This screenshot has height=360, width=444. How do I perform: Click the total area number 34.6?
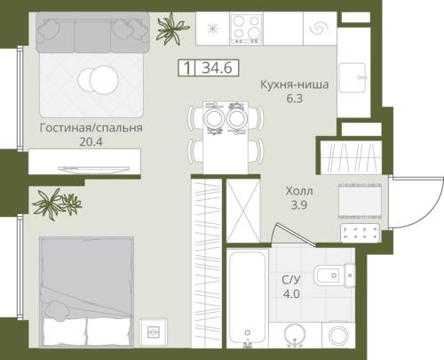(217, 68)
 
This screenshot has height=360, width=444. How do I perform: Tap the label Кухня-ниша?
(294, 84)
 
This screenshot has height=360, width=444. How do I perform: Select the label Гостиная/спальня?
(91, 128)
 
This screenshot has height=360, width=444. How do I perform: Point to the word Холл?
(299, 191)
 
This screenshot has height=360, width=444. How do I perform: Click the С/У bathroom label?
(291, 280)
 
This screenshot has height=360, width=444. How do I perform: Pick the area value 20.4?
(91, 142)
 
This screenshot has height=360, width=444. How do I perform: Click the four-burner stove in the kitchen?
(246, 28)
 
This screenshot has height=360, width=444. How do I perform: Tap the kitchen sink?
(353, 77)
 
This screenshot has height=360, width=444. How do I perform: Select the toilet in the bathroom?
(335, 276)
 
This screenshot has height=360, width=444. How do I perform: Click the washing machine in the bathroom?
(338, 335)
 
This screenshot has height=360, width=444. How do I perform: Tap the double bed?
(86, 292)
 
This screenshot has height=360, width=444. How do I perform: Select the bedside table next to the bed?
(153, 332)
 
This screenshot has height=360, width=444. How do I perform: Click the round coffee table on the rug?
(99, 80)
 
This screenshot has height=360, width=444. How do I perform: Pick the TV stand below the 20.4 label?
(84, 162)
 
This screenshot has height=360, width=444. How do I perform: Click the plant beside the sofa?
(171, 28)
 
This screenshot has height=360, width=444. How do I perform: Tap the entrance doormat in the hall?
(360, 201)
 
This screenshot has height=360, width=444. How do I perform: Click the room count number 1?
(186, 68)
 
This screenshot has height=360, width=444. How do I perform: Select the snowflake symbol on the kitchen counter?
(212, 28)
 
